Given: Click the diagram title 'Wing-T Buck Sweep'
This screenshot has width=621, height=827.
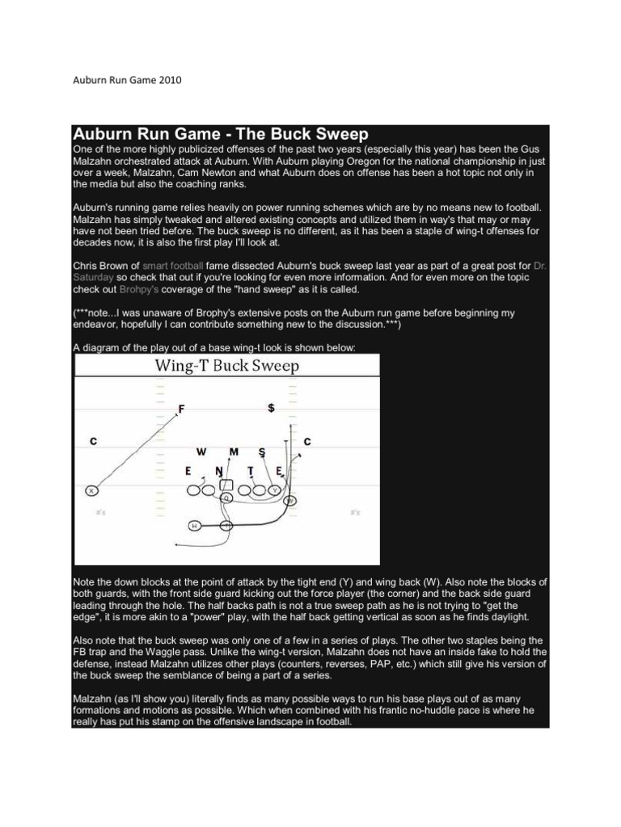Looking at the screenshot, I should coord(227,366).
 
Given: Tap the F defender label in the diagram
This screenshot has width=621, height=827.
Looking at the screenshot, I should coord(181,409).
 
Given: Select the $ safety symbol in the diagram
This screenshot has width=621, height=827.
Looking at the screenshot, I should coord(271,409).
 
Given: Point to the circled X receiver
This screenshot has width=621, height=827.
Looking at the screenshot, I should coord(91,490).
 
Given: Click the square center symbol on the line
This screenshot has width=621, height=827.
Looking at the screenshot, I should coord(227,486).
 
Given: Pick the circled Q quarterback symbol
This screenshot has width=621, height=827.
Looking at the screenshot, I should coord(227,499).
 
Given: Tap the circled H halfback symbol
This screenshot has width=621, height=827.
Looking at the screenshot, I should coord(194,526).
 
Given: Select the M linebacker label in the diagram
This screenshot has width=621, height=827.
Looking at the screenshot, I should coord(234,451).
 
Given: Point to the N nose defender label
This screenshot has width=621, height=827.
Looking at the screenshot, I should coord(218,470).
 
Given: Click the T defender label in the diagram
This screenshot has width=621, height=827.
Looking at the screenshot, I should coord(251,470).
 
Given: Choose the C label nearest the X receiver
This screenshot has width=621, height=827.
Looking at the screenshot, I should coord(94,441).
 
